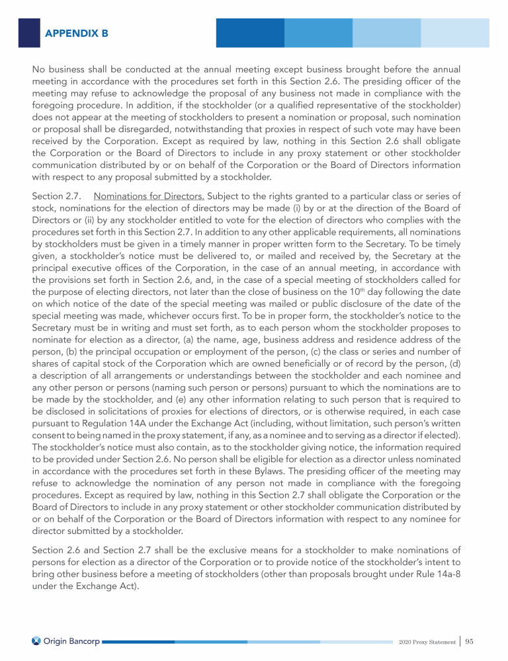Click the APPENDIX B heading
77,32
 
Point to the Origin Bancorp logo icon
36,641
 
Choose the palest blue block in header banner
455,32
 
